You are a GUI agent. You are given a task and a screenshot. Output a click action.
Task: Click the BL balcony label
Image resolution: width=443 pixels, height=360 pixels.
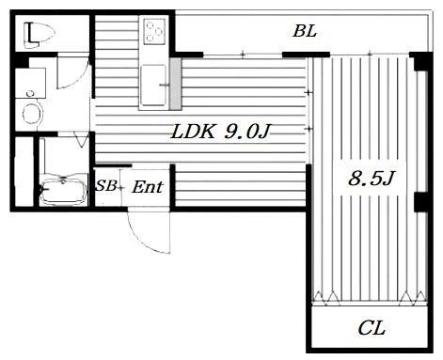click(x=305, y=31)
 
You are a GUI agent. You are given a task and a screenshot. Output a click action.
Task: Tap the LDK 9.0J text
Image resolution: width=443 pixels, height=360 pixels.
click(x=220, y=132)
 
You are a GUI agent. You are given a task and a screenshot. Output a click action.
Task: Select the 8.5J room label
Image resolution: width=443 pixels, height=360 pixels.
click(x=371, y=179)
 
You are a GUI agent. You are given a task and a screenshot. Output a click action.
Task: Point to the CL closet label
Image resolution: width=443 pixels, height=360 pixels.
click(x=372, y=328)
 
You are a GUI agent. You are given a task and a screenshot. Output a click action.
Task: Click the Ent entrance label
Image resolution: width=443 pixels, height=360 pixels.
click(x=148, y=187)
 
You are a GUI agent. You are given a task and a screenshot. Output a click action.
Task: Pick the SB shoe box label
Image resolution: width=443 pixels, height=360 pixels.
click(x=106, y=186)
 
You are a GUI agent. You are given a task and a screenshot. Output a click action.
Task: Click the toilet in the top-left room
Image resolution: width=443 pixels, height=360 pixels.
click(x=40, y=35)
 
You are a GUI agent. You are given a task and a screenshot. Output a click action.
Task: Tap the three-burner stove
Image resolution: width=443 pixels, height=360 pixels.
click(x=154, y=31)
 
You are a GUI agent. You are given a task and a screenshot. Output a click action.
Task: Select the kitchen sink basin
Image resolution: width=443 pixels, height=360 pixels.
click(x=153, y=85)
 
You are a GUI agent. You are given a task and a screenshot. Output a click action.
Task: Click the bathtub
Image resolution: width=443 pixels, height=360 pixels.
click(x=64, y=190)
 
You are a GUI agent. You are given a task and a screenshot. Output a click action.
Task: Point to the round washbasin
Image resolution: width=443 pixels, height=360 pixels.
click(x=33, y=113)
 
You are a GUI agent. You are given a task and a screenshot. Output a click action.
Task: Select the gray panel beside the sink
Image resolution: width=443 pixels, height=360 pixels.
click(x=176, y=84)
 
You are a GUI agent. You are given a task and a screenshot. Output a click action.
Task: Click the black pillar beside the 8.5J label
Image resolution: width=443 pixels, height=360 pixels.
click(x=420, y=202)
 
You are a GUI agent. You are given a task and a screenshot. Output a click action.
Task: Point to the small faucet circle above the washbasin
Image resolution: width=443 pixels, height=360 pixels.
click(x=30, y=93)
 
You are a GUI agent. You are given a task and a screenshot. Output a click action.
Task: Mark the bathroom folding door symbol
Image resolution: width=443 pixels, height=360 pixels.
click(x=82, y=139)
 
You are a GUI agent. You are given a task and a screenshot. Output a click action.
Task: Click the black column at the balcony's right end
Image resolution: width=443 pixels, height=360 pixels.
click(x=420, y=62)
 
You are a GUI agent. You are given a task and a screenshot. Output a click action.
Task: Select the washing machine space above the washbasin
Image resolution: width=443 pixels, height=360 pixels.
click(x=31, y=83)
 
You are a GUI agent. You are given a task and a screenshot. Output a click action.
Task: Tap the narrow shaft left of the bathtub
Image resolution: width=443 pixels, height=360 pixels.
click(x=24, y=171)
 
